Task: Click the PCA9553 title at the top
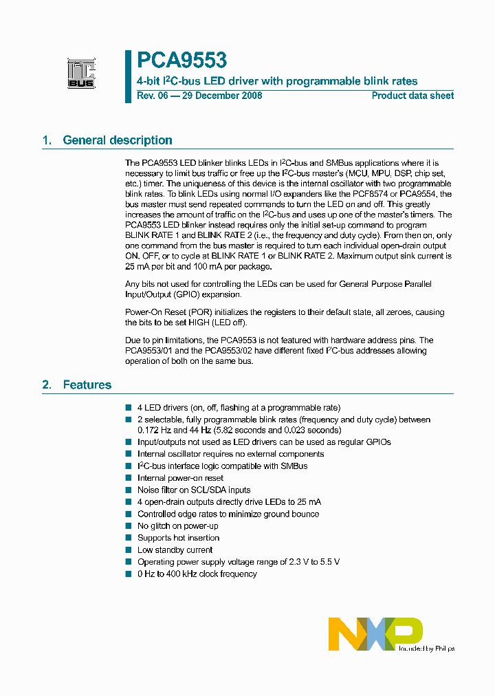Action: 181,61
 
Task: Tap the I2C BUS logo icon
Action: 81,74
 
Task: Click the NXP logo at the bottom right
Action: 375,633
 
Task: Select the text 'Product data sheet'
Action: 412,96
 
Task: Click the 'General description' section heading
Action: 118,140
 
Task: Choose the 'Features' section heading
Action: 87,385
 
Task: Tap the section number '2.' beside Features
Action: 47,385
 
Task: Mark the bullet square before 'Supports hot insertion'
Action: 129,538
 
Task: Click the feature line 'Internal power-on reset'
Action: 180,478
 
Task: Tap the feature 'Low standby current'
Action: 175,550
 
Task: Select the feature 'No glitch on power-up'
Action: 178,526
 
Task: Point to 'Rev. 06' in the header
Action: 152,96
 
